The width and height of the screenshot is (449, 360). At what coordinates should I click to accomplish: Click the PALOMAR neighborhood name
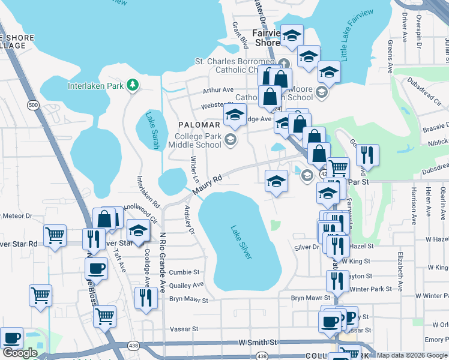199,125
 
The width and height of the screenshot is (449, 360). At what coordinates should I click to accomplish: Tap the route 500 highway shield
34,105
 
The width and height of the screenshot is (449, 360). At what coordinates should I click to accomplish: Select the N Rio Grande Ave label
162,263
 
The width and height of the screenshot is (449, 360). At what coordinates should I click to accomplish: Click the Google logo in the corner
20,353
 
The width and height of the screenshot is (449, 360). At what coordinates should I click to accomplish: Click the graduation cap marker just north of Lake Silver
276,181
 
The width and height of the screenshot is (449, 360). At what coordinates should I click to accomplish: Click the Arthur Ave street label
218,90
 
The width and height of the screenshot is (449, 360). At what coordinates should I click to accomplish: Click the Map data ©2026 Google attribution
412,355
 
